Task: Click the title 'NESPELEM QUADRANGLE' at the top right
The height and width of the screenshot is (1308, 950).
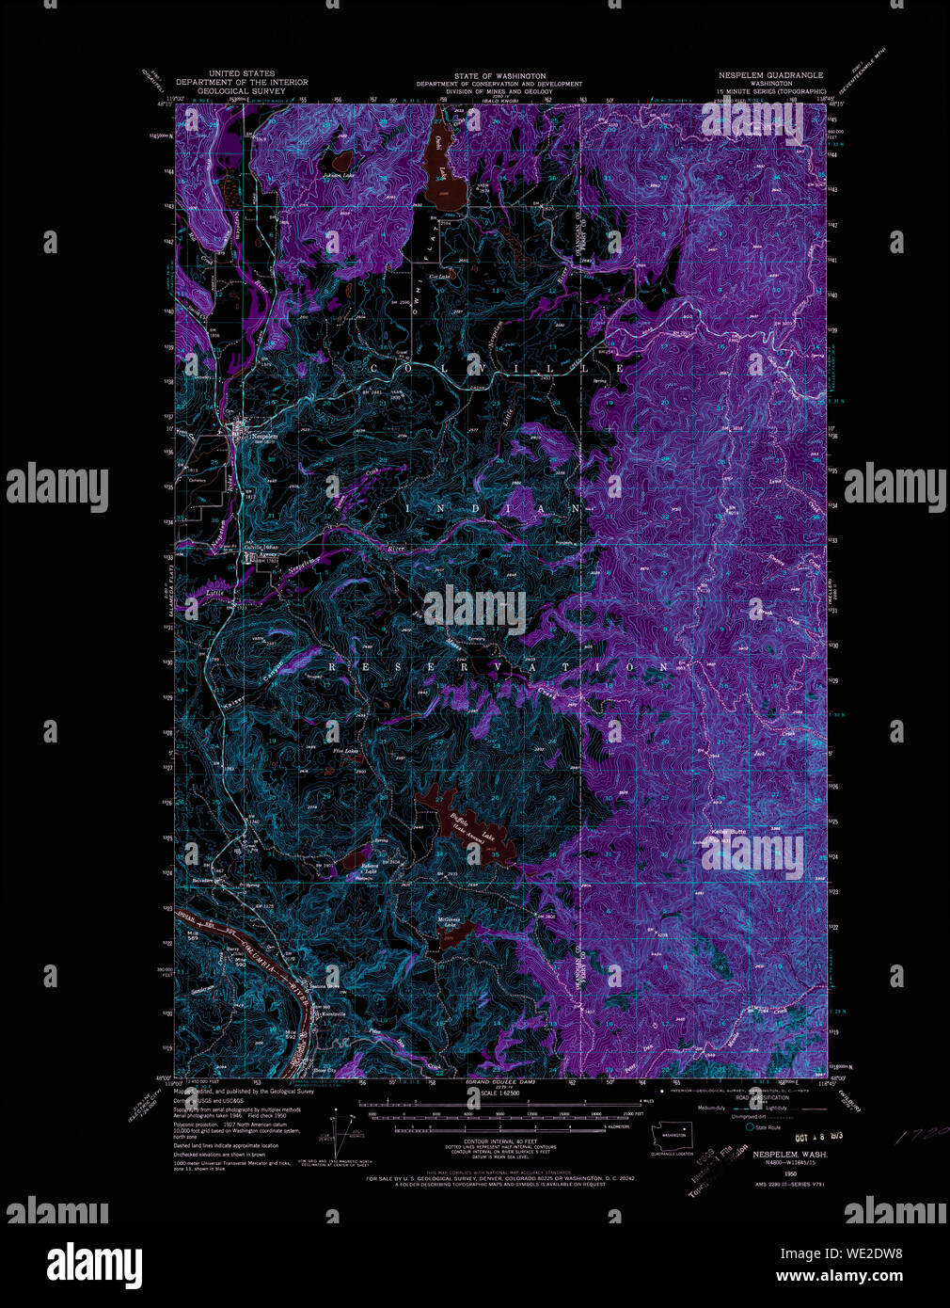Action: click(770, 75)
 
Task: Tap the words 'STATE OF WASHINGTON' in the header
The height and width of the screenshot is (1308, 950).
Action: click(499, 75)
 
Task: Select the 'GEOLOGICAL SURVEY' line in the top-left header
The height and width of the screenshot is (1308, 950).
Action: click(242, 91)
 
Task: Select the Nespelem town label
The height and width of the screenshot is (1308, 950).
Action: click(265, 436)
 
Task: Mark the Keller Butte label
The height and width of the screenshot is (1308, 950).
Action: click(728, 832)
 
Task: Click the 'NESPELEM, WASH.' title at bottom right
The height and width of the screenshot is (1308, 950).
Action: click(789, 1154)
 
